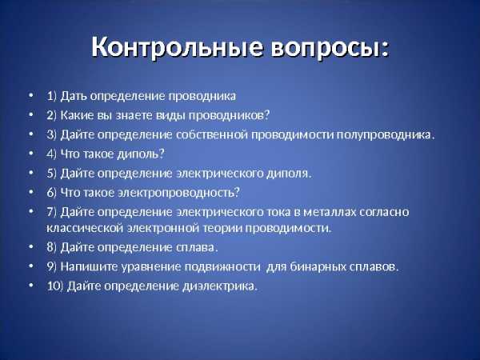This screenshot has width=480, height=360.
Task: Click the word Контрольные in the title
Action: pyautogui.click(x=178, y=46)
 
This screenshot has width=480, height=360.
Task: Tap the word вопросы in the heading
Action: pyautogui.click(x=326, y=48)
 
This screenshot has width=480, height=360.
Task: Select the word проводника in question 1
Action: pyautogui.click(x=202, y=96)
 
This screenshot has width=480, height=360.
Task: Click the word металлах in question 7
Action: pyautogui.click(x=330, y=212)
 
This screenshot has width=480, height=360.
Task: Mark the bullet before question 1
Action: pyautogui.click(x=30, y=95)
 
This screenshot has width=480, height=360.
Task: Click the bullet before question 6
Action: pyautogui.click(x=30, y=192)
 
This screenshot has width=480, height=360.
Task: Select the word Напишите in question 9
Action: pyautogui.click(x=89, y=266)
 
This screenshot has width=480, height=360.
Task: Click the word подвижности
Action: pyautogui.click(x=222, y=267)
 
